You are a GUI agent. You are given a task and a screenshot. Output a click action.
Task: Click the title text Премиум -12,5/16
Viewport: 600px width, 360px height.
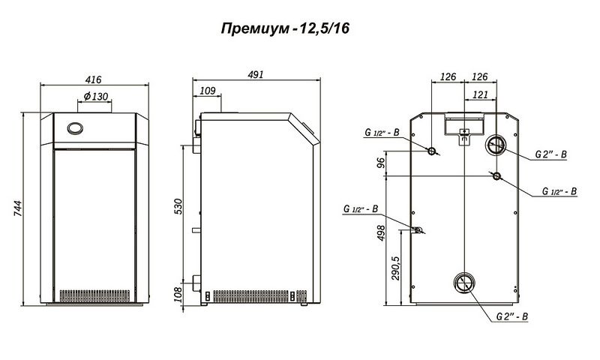[285, 28]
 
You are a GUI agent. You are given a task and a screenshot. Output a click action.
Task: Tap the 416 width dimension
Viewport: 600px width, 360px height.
[93, 79]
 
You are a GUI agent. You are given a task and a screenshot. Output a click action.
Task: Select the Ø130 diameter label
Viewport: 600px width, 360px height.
[96, 97]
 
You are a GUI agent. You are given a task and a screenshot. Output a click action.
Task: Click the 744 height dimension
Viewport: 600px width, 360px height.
[18, 208]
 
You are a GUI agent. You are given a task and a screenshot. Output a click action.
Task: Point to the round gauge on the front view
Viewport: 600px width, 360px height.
[75, 128]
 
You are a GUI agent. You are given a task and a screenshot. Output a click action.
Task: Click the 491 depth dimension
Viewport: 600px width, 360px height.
[255, 74]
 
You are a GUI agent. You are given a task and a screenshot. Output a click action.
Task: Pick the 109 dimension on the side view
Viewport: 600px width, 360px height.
[208, 91]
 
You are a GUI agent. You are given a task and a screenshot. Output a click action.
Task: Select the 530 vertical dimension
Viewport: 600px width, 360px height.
[178, 206]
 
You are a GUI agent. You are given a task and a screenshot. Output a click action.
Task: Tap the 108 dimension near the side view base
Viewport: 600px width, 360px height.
[178, 295]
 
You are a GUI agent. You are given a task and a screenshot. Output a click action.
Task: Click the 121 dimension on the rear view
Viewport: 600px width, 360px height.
[480, 94]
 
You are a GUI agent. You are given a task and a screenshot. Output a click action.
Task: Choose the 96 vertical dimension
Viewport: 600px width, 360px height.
[381, 163]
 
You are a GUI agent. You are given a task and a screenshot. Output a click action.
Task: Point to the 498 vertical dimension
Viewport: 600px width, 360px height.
[381, 233]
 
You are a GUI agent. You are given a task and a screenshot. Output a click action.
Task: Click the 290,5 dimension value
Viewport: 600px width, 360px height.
[395, 268]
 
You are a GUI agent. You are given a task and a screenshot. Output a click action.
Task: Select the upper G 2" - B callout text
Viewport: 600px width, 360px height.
[550, 154]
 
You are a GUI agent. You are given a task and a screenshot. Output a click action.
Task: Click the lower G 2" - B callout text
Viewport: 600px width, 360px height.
[512, 316]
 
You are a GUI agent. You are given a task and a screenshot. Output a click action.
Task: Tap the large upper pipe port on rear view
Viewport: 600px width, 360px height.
[496, 145]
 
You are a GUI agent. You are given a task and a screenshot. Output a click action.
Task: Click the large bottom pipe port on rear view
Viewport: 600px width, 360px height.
[464, 283]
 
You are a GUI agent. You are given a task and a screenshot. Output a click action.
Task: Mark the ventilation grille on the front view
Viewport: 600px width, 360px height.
[94, 296]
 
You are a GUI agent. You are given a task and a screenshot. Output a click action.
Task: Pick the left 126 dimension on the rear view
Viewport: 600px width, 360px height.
[448, 77]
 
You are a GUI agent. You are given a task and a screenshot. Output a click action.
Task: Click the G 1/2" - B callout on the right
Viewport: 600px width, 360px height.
[559, 191]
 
